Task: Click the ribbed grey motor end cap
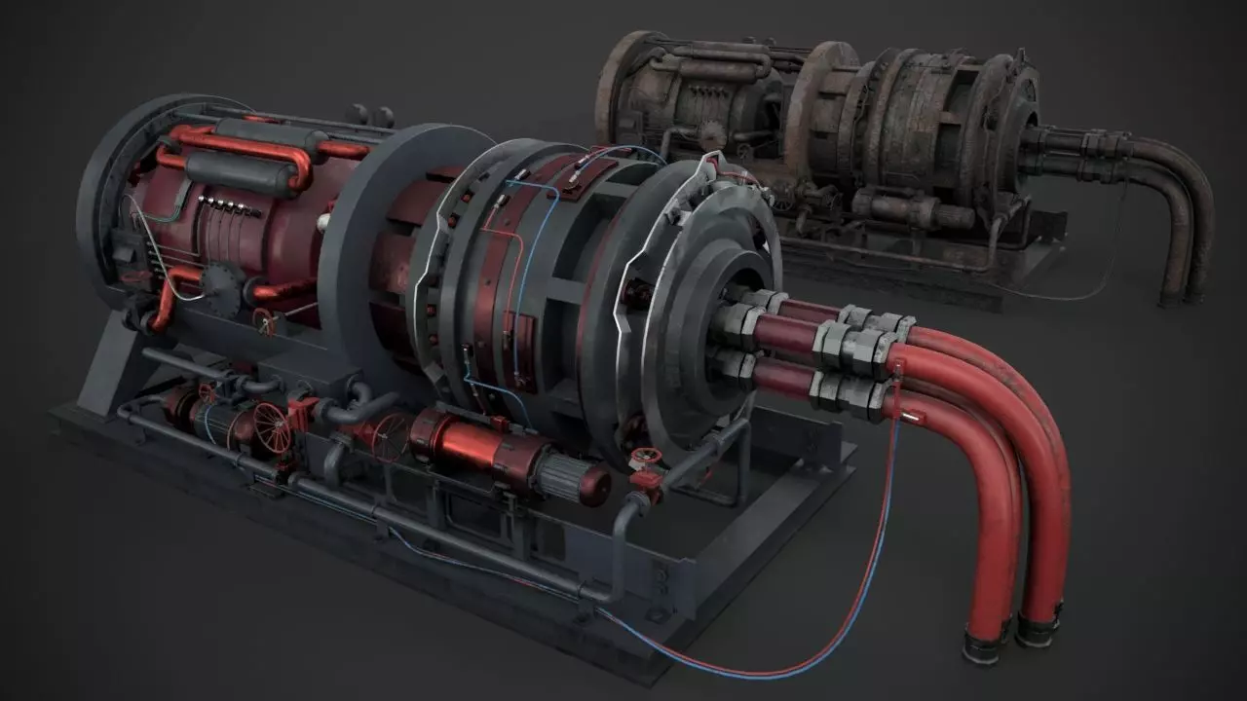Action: (575, 478)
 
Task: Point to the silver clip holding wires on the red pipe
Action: (911, 417)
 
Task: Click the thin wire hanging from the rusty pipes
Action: (1091, 282)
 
